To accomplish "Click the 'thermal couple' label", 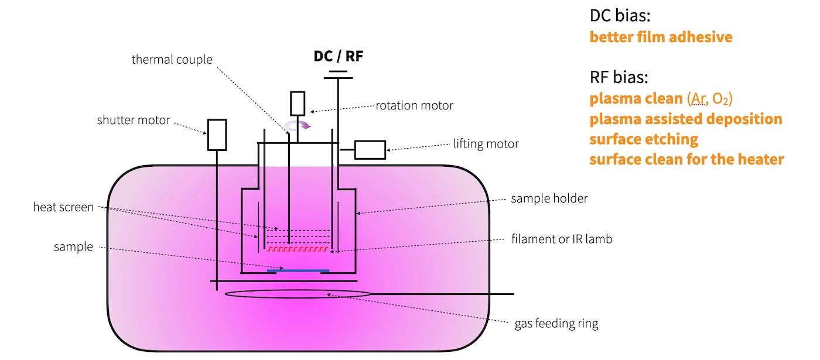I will [x=172, y=59].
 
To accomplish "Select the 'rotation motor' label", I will [x=415, y=105].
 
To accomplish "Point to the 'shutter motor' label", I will [x=134, y=121].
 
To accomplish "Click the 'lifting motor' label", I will [x=486, y=143].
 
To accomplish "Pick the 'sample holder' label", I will [x=549, y=198].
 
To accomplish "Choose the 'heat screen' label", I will [x=64, y=207].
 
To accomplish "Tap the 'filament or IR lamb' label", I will [x=561, y=239].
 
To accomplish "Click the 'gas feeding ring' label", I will [x=556, y=323].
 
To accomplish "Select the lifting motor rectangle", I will [x=370, y=150].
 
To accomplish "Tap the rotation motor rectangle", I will [x=298, y=103].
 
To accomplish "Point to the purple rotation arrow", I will [x=299, y=125].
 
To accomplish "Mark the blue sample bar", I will [x=298, y=270].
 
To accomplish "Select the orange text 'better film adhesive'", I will [x=661, y=37].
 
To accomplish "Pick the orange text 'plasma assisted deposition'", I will [x=686, y=119].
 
